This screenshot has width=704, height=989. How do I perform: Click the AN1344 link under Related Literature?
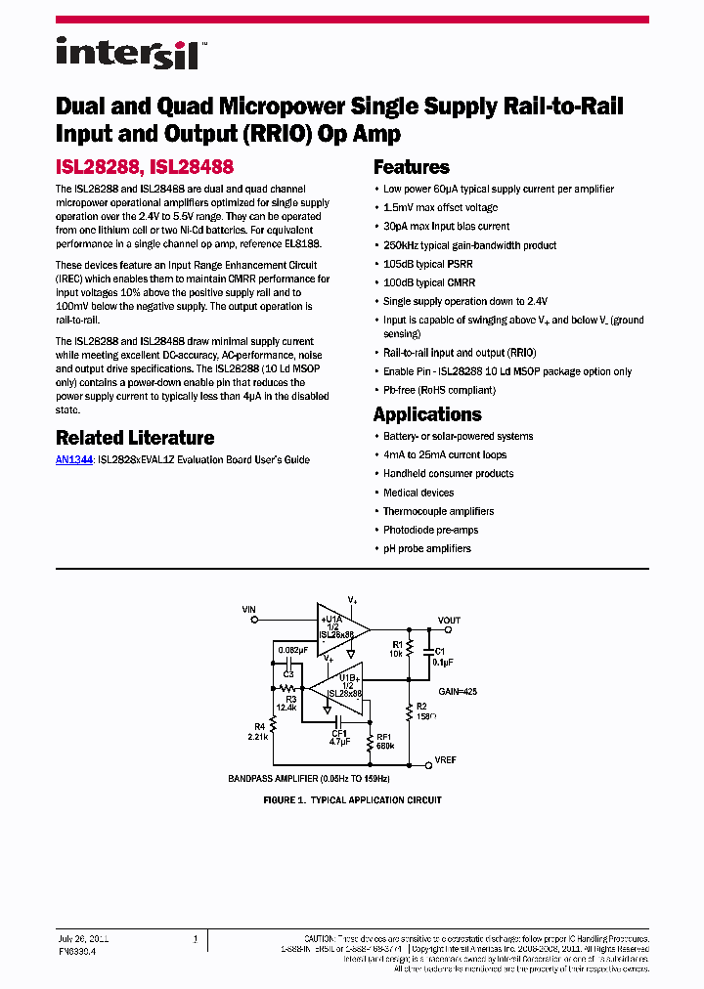click(74, 459)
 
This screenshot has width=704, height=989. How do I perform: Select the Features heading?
click(412, 167)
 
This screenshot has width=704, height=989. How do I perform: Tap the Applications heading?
click(427, 414)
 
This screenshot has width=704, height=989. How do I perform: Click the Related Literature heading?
click(135, 438)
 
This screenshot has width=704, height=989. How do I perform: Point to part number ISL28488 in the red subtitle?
click(193, 168)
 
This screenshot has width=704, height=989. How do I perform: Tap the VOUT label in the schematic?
click(449, 621)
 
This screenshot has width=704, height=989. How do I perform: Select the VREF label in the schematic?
click(446, 760)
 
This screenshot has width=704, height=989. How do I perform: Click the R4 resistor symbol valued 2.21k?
click(275, 724)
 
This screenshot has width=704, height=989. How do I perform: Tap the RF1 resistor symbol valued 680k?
click(370, 745)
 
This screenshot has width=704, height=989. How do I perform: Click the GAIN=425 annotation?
click(459, 690)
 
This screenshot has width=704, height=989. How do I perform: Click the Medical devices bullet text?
click(418, 493)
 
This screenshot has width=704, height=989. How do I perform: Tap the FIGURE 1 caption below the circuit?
click(353, 799)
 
